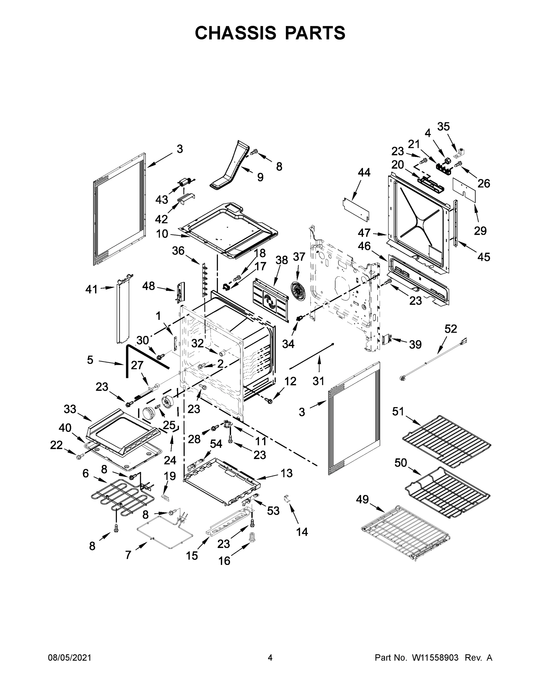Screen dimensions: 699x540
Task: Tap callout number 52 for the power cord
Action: (x=451, y=329)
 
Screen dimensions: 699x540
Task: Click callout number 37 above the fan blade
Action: (x=299, y=257)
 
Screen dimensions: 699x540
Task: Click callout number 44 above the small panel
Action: (x=364, y=173)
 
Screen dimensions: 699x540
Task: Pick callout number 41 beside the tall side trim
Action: (x=91, y=290)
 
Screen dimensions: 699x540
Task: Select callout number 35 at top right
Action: (x=443, y=127)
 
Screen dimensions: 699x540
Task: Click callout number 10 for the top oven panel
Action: (x=162, y=234)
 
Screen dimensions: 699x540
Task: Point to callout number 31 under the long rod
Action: (x=318, y=381)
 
